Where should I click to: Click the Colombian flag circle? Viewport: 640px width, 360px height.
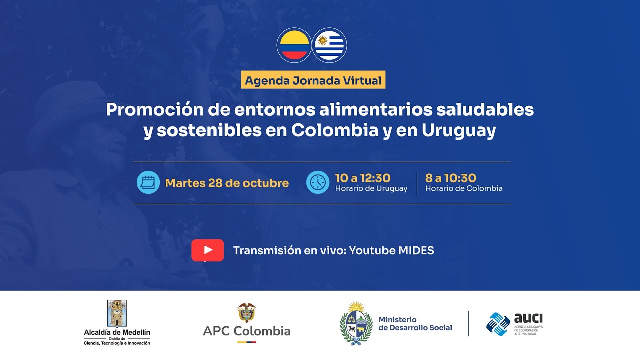pyautogui.click(x=294, y=45)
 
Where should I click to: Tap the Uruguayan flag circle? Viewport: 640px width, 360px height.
pyautogui.click(x=329, y=45)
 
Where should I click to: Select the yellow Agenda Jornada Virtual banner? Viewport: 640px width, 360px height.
pyautogui.click(x=313, y=80)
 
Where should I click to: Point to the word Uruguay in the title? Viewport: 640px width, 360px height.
pyautogui.click(x=459, y=130)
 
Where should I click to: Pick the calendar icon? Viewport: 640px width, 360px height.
pyautogui.click(x=148, y=182)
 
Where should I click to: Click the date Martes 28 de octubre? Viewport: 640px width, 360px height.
pyautogui.click(x=227, y=183)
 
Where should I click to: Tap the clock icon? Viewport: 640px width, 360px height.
pyautogui.click(x=318, y=182)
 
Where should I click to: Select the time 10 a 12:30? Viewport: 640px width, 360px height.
pyautogui.click(x=363, y=178)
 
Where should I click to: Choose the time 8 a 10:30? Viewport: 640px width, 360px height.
pyautogui.click(x=450, y=178)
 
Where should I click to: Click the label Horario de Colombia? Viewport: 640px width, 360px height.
pyautogui.click(x=464, y=189)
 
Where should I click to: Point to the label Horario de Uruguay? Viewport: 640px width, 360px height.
pyautogui.click(x=371, y=189)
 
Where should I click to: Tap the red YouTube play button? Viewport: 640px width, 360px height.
pyautogui.click(x=207, y=250)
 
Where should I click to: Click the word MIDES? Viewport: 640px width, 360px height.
pyautogui.click(x=416, y=250)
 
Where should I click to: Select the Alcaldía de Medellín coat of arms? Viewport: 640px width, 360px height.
pyautogui.click(x=117, y=313)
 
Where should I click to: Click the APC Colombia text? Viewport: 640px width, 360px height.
pyautogui.click(x=246, y=331)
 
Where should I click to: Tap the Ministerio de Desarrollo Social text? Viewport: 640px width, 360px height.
pyautogui.click(x=415, y=324)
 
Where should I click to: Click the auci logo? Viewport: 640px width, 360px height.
pyautogui.click(x=515, y=323)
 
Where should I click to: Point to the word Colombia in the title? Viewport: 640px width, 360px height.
pyautogui.click(x=334, y=130)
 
